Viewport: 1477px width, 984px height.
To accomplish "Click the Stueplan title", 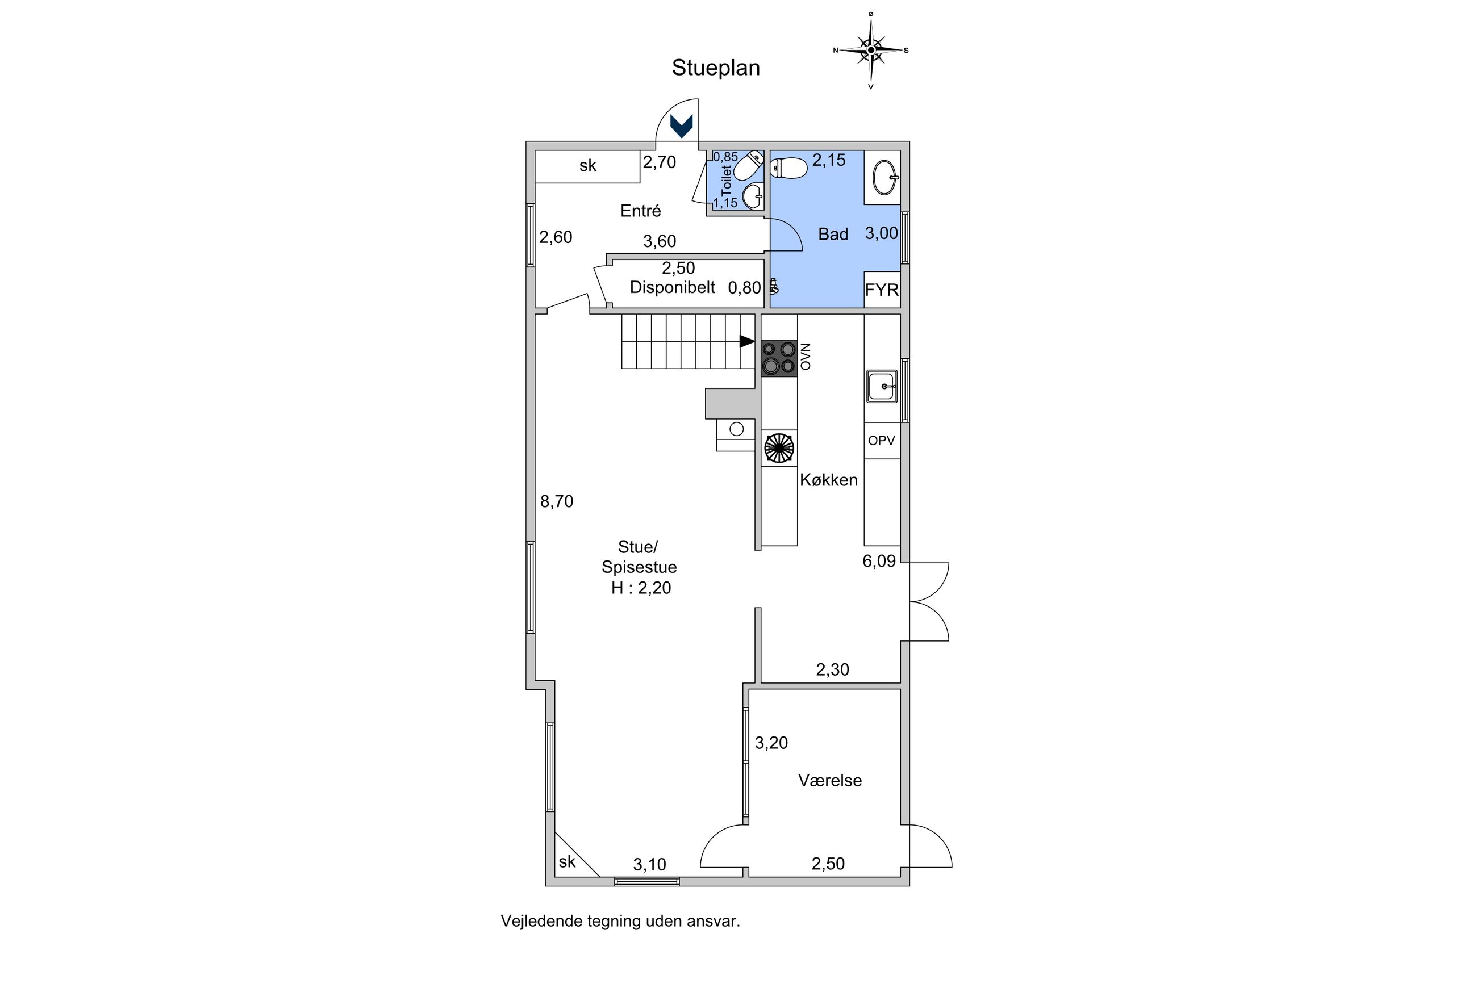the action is pos(716,68).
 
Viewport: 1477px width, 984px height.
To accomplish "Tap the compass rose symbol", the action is pos(871,50).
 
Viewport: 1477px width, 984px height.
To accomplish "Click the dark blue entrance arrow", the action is pos(681,125).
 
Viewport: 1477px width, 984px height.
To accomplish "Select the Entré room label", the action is pos(640,211).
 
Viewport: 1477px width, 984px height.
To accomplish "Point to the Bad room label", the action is pos(833,234).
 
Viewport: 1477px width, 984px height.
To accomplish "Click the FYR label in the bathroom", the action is pos(881,290).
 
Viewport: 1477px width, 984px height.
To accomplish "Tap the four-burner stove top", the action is pos(779,358).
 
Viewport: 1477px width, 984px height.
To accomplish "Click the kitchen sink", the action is pos(882,386).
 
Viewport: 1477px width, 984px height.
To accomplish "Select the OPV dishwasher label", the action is pos(881,441).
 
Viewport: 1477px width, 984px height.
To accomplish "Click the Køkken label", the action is pos(829,480).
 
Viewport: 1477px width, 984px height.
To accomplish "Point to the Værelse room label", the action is pos(830,780).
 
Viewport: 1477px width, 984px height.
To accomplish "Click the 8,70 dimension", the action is pos(557,501).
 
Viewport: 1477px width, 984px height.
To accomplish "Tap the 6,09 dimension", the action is pos(879,561).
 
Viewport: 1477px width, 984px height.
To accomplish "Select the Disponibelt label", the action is pos(672,287).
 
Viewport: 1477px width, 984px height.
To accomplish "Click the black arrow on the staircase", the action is pos(747,341).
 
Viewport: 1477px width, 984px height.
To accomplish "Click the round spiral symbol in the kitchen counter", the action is pos(779,448).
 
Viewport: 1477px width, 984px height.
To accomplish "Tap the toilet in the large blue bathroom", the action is pos(788,168).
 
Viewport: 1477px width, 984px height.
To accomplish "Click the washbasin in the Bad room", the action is pos(885,178).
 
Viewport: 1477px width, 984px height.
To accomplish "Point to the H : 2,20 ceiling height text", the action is pos(641,588).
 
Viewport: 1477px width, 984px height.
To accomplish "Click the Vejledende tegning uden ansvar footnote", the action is pos(620,921).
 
